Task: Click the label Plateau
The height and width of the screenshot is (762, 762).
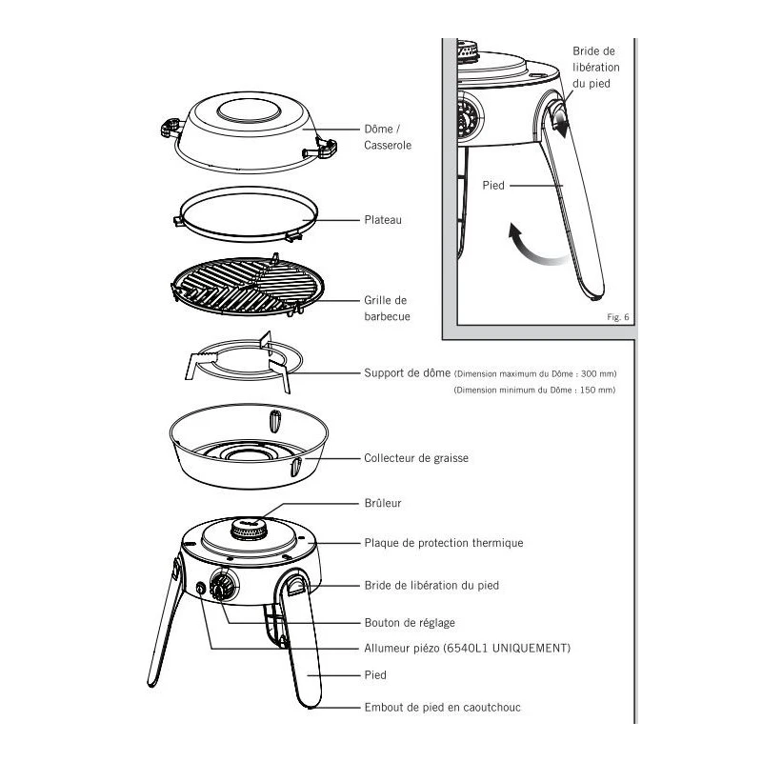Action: pyautogui.click(x=383, y=220)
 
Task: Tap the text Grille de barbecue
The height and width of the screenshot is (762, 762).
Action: pyautogui.click(x=387, y=308)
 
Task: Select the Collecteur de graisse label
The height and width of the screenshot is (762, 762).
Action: pyautogui.click(x=416, y=458)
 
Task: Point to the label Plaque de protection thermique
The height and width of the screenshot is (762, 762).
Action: pyautogui.click(x=444, y=543)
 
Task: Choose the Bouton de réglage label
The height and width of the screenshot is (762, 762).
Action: pyautogui.click(x=410, y=623)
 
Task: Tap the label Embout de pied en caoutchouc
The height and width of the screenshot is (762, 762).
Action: pyautogui.click(x=443, y=708)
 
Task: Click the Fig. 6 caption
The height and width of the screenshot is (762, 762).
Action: pyautogui.click(x=618, y=317)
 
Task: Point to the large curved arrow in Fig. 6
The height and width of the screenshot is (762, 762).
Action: pyautogui.click(x=527, y=244)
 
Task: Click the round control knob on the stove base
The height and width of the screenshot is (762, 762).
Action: pyautogui.click(x=224, y=587)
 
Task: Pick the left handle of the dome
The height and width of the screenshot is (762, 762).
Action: pyautogui.click(x=172, y=127)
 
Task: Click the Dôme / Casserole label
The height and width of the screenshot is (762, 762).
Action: pyautogui.click(x=388, y=136)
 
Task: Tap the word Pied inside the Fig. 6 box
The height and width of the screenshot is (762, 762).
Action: pyautogui.click(x=493, y=187)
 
